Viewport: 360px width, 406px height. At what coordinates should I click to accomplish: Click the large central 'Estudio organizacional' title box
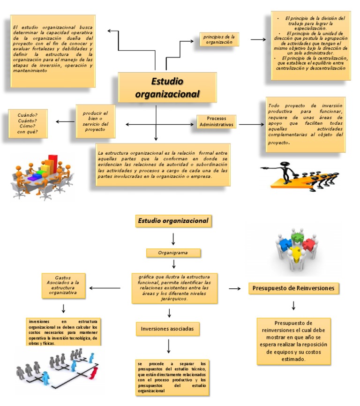[x=167, y=87]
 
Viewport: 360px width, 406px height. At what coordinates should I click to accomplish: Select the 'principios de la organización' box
[x=219, y=39]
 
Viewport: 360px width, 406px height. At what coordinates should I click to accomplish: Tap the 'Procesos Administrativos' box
[x=216, y=121]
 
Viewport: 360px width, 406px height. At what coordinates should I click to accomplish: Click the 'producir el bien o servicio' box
[x=95, y=121]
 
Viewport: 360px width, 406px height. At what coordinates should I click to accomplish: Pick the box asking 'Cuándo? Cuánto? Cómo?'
[x=28, y=123]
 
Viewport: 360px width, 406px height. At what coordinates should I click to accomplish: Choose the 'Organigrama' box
[x=173, y=253]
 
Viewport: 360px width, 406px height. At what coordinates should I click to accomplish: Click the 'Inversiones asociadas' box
[x=167, y=329]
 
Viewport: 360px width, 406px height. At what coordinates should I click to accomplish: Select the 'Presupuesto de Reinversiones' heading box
[x=294, y=288]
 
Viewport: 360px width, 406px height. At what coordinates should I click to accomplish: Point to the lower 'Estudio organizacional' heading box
[x=173, y=221]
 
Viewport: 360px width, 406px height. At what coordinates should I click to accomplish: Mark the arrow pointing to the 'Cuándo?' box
[x=65, y=122]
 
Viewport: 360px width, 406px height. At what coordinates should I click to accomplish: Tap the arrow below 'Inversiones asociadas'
[x=167, y=346]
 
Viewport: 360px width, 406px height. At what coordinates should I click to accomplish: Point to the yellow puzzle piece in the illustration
[x=296, y=256]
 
